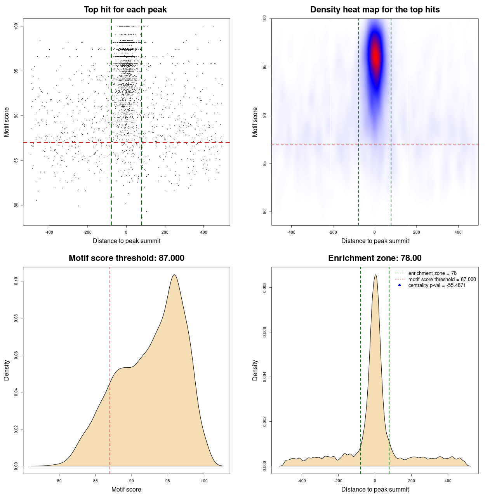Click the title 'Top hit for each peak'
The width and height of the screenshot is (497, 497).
(x=125, y=10)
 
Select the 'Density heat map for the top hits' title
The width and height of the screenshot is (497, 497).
(x=375, y=10)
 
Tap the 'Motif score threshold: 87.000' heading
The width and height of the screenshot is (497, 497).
(x=126, y=258)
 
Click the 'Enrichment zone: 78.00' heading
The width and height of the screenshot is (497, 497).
(x=375, y=258)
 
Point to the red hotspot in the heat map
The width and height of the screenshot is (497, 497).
(x=375, y=56)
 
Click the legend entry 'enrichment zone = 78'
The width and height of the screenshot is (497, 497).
(x=432, y=273)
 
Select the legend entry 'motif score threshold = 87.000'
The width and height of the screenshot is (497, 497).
(x=442, y=279)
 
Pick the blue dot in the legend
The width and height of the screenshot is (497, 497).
(x=400, y=285)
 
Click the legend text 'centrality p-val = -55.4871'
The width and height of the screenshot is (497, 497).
(x=437, y=285)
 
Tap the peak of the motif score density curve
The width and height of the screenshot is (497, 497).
(x=174, y=275)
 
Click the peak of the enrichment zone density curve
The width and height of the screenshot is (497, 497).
(x=375, y=275)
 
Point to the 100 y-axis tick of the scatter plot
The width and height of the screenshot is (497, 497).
(x=16, y=26)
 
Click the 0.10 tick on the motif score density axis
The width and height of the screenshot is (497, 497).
(x=16, y=281)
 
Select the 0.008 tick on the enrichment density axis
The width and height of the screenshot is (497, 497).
(x=265, y=288)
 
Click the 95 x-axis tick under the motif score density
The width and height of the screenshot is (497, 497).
(x=168, y=481)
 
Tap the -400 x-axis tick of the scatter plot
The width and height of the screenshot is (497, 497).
(x=49, y=232)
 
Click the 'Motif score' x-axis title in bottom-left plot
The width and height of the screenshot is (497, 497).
(x=126, y=489)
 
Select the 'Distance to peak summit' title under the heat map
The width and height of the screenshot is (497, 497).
(x=375, y=241)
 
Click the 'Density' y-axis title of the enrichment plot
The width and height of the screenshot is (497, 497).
(x=255, y=370)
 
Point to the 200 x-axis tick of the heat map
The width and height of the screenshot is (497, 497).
(x=416, y=232)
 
